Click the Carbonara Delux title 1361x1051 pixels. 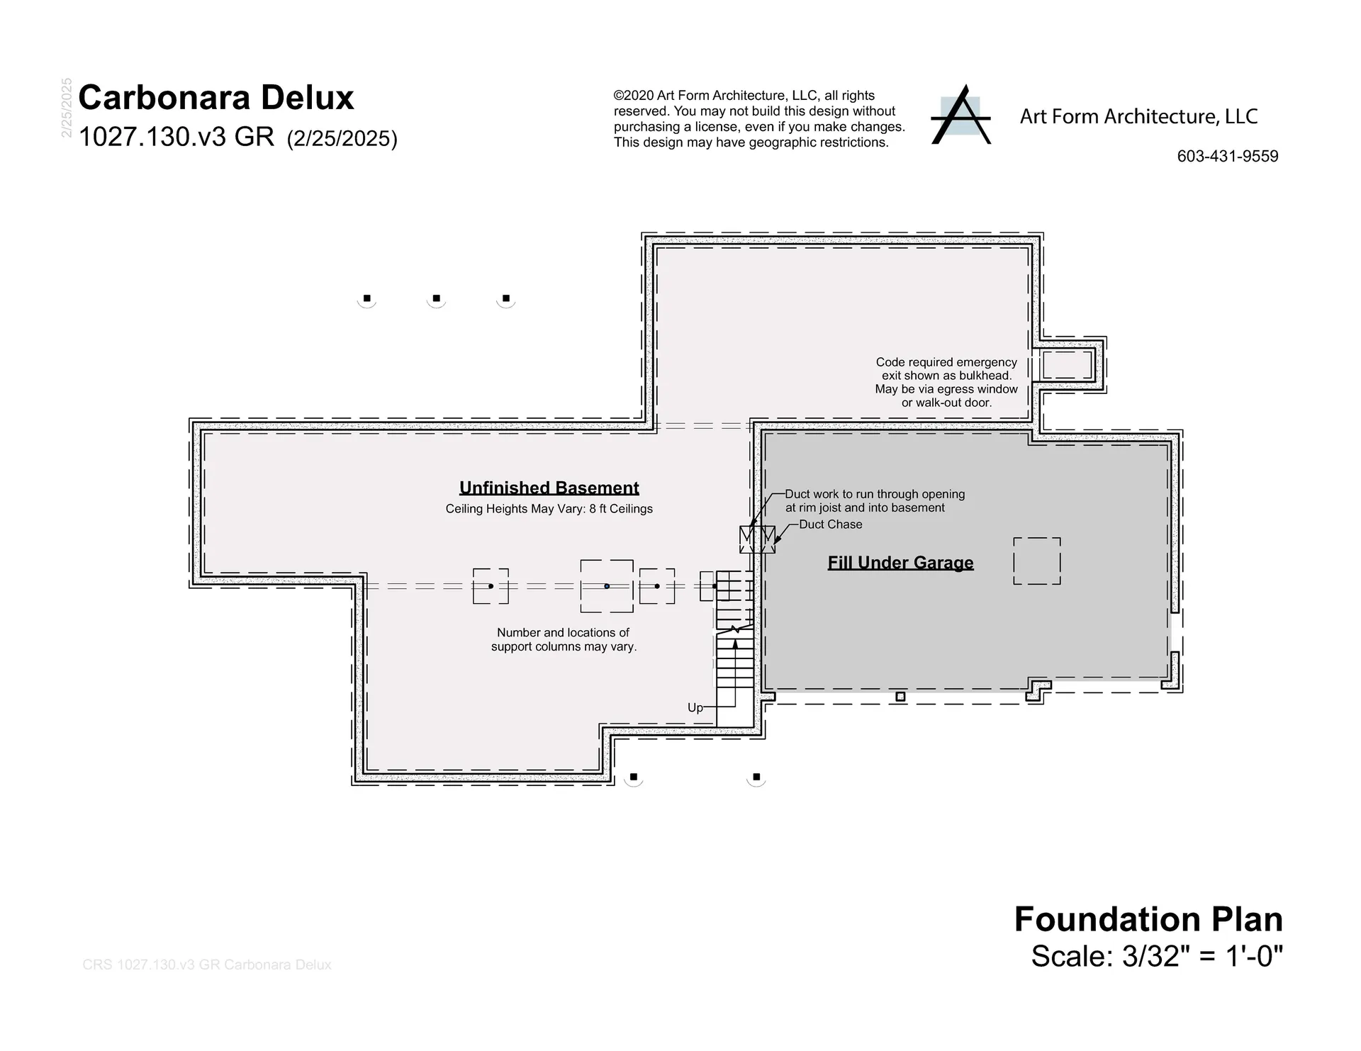(x=216, y=98)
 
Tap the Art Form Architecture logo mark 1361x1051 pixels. (x=960, y=115)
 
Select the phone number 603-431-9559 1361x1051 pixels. (x=1228, y=157)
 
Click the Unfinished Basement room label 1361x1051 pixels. (x=549, y=488)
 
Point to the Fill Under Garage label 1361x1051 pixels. (x=900, y=563)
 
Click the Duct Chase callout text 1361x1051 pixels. (x=831, y=524)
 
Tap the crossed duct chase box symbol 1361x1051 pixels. (x=757, y=539)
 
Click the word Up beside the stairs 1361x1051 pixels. (x=695, y=707)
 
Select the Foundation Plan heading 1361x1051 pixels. (x=1148, y=919)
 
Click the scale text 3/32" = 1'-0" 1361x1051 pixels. (x=1203, y=956)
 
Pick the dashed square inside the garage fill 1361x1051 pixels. (x=1037, y=561)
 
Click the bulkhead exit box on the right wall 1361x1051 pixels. (x=1067, y=365)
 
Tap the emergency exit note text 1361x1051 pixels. (x=946, y=383)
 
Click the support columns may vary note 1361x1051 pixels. (x=564, y=640)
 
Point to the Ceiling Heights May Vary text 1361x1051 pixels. (x=549, y=509)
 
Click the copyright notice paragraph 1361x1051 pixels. (x=759, y=119)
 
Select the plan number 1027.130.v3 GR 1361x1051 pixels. (x=177, y=137)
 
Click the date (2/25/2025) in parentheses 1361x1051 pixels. (x=342, y=138)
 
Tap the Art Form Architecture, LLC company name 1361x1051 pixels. (x=1138, y=116)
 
